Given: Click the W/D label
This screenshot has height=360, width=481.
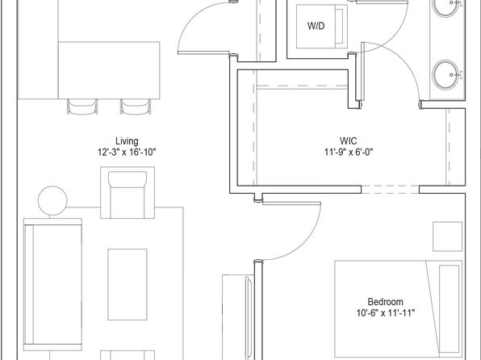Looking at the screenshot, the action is coord(316,26).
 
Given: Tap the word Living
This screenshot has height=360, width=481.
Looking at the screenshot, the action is coord(127,141).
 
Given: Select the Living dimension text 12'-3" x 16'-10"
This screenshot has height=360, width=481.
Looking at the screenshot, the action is coord(127,153).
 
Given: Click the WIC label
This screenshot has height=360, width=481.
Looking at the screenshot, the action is coord(349,141).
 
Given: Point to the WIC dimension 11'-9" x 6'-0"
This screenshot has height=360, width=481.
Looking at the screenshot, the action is coord(349,152).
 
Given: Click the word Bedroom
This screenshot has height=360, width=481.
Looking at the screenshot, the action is coord(385,302).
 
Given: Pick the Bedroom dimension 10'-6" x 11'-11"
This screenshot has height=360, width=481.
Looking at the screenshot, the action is coord(386,313).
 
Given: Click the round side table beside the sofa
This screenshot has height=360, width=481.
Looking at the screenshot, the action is coord(52,201).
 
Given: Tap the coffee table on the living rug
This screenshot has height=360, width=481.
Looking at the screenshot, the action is coord(128,284).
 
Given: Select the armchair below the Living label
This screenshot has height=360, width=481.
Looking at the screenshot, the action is coord(128,193).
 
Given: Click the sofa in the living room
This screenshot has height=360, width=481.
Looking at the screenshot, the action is coord(52,284).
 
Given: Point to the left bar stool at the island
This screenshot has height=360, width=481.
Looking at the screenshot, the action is coord(82,107).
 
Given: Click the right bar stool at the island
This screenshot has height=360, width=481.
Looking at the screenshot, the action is coord(136,107).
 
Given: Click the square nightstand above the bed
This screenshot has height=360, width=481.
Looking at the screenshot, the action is coord(448,237).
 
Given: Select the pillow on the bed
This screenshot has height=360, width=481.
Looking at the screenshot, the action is coord(450,308).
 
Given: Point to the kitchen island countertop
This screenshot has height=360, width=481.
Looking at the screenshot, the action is coord(109,70).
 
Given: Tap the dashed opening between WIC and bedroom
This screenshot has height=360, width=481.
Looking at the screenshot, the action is coord(390,190).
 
